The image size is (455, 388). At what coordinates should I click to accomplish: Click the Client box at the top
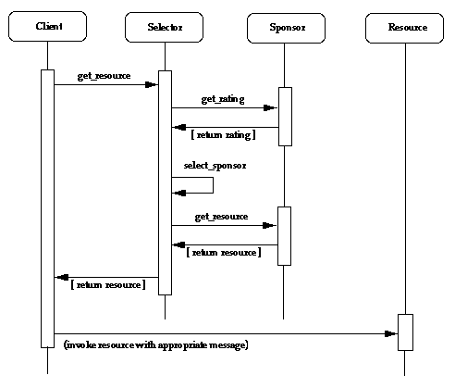(48, 28)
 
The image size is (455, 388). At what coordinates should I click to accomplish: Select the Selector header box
(165, 28)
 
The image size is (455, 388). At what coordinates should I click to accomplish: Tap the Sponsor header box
(284, 28)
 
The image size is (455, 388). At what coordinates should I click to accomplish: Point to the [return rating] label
(222, 136)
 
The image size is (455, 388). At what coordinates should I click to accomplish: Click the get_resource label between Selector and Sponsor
(221, 216)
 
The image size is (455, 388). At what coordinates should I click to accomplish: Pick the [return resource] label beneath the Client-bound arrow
(106, 284)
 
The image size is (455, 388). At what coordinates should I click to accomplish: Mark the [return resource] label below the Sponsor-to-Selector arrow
(223, 252)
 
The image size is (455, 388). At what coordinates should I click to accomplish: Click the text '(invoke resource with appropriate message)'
(155, 344)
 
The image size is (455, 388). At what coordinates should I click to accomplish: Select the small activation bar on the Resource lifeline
(404, 332)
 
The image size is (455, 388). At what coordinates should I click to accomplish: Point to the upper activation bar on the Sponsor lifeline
(284, 116)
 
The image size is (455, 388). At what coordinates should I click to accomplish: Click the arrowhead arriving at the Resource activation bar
(389, 332)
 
